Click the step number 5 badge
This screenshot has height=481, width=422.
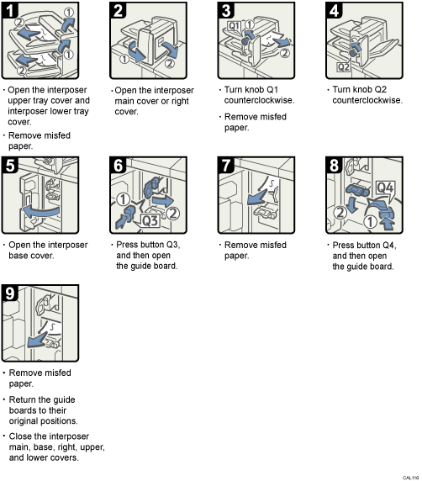pyautogui.click(x=11, y=164)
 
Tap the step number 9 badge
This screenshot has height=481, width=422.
pyautogui.click(x=11, y=294)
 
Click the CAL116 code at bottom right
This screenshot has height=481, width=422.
pyautogui.click(x=409, y=476)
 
